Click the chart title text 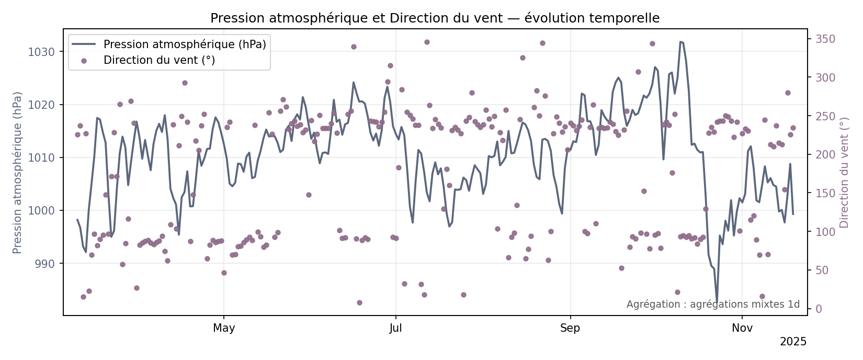[x=435, y=18]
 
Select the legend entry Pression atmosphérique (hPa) [x=185, y=44]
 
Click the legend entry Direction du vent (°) [x=159, y=60]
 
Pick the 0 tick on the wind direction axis [x=819, y=309]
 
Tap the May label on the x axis [x=224, y=329]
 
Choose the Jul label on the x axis [x=396, y=329]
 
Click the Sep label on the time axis [x=570, y=329]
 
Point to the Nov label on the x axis [x=742, y=329]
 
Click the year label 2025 [x=793, y=342]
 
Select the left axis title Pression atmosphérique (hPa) [x=18, y=173]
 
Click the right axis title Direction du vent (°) [x=844, y=173]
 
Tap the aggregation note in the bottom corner [x=713, y=305]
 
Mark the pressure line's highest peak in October [x=680, y=41]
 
